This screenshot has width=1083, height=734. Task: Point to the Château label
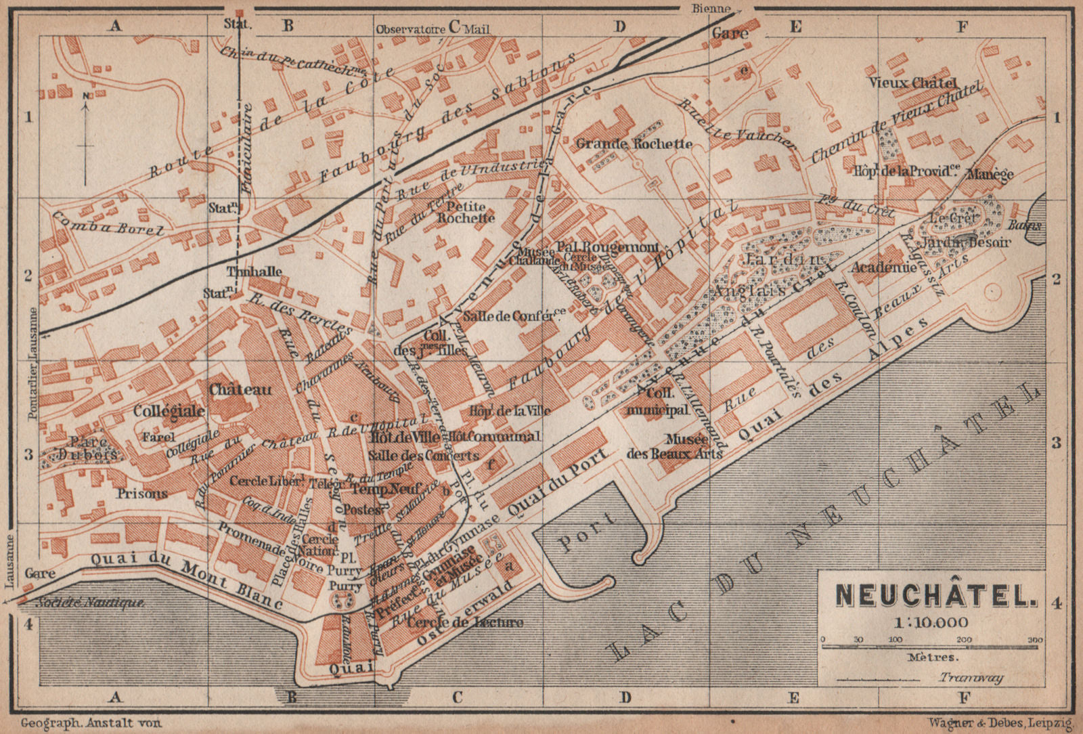tap(240, 389)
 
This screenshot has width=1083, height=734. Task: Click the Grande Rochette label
tap(634, 144)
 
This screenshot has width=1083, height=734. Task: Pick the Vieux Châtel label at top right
tap(913, 83)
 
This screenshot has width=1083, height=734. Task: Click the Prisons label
tap(141, 493)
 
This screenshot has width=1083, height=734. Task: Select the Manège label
tap(990, 174)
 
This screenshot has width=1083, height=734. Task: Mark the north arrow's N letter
tap(86, 96)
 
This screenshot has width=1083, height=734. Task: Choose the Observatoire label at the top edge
tap(410, 29)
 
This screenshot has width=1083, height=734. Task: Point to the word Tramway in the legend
tap(971, 677)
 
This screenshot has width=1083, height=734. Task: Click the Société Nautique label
tap(89, 602)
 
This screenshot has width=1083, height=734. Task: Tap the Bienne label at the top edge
tap(711, 9)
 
